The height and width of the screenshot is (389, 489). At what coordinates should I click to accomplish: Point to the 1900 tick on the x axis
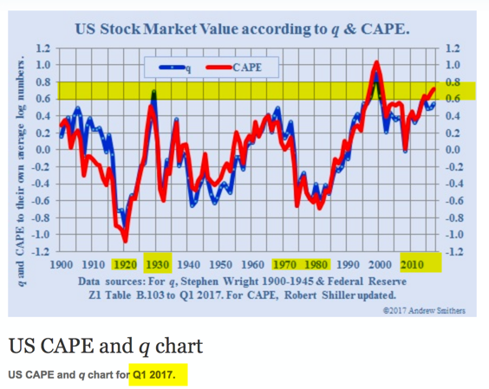pos(63,264)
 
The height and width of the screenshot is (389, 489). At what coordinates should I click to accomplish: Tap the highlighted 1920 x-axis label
pos(126,264)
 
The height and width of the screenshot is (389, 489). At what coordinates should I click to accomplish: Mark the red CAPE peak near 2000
pos(376,62)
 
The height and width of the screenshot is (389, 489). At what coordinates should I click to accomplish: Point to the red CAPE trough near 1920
pos(125,240)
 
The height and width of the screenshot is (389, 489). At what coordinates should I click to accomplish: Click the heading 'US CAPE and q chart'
pos(106,346)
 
